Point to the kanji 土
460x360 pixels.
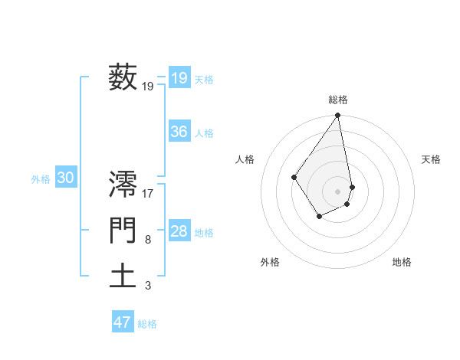point(123,276)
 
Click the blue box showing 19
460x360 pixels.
point(179,77)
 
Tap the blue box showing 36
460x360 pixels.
point(179,132)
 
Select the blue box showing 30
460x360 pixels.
point(65,178)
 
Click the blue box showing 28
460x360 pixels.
point(179,231)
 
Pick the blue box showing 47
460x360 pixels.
point(123,322)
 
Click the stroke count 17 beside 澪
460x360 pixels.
point(149,194)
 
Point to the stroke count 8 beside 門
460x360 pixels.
point(148,241)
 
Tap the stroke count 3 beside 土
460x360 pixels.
point(148,286)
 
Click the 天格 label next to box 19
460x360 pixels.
point(204,80)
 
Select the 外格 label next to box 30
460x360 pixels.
point(41,179)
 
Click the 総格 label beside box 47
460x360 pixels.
point(147,324)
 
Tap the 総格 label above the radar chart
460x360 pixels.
point(338,100)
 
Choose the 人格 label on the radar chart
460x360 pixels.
point(245,159)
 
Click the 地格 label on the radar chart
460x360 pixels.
point(402,262)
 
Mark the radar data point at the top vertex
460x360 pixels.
point(338,116)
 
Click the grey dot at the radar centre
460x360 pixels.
point(338,191)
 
